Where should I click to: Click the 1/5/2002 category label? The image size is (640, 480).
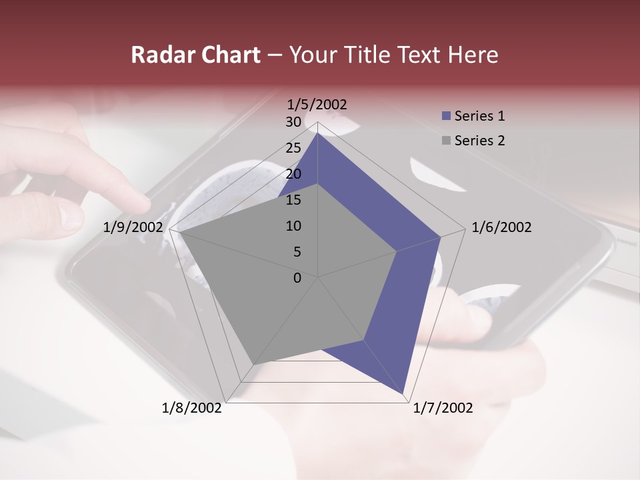tap(317, 104)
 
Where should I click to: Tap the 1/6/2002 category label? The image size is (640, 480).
tap(501, 227)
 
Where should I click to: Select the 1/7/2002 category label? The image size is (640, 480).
tap(443, 408)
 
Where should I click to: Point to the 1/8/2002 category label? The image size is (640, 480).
tap(192, 408)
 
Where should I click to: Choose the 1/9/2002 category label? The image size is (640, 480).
tap(133, 227)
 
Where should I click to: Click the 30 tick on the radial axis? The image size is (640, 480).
tap(293, 122)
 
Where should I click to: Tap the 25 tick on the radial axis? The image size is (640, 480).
tap(293, 148)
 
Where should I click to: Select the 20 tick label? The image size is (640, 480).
tap(293, 174)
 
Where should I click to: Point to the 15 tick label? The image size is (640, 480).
tap(293, 200)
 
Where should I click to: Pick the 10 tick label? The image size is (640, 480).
tap(293, 226)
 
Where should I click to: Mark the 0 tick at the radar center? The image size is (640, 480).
tap(297, 278)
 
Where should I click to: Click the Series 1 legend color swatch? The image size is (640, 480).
tap(447, 117)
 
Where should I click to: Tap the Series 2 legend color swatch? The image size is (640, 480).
tap(447, 141)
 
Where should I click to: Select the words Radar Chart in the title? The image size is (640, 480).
tap(195, 55)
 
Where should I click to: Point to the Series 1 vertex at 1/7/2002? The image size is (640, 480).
tap(404, 395)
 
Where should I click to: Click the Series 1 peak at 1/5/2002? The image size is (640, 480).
tap(317, 133)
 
